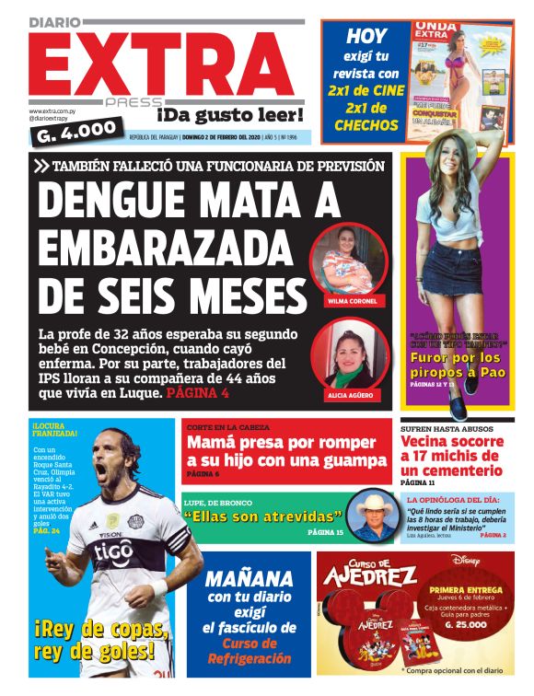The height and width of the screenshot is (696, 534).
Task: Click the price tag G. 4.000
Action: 76,130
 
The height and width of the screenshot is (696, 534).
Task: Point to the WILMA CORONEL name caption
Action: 352,301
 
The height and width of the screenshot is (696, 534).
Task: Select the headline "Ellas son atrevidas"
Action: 263,516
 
